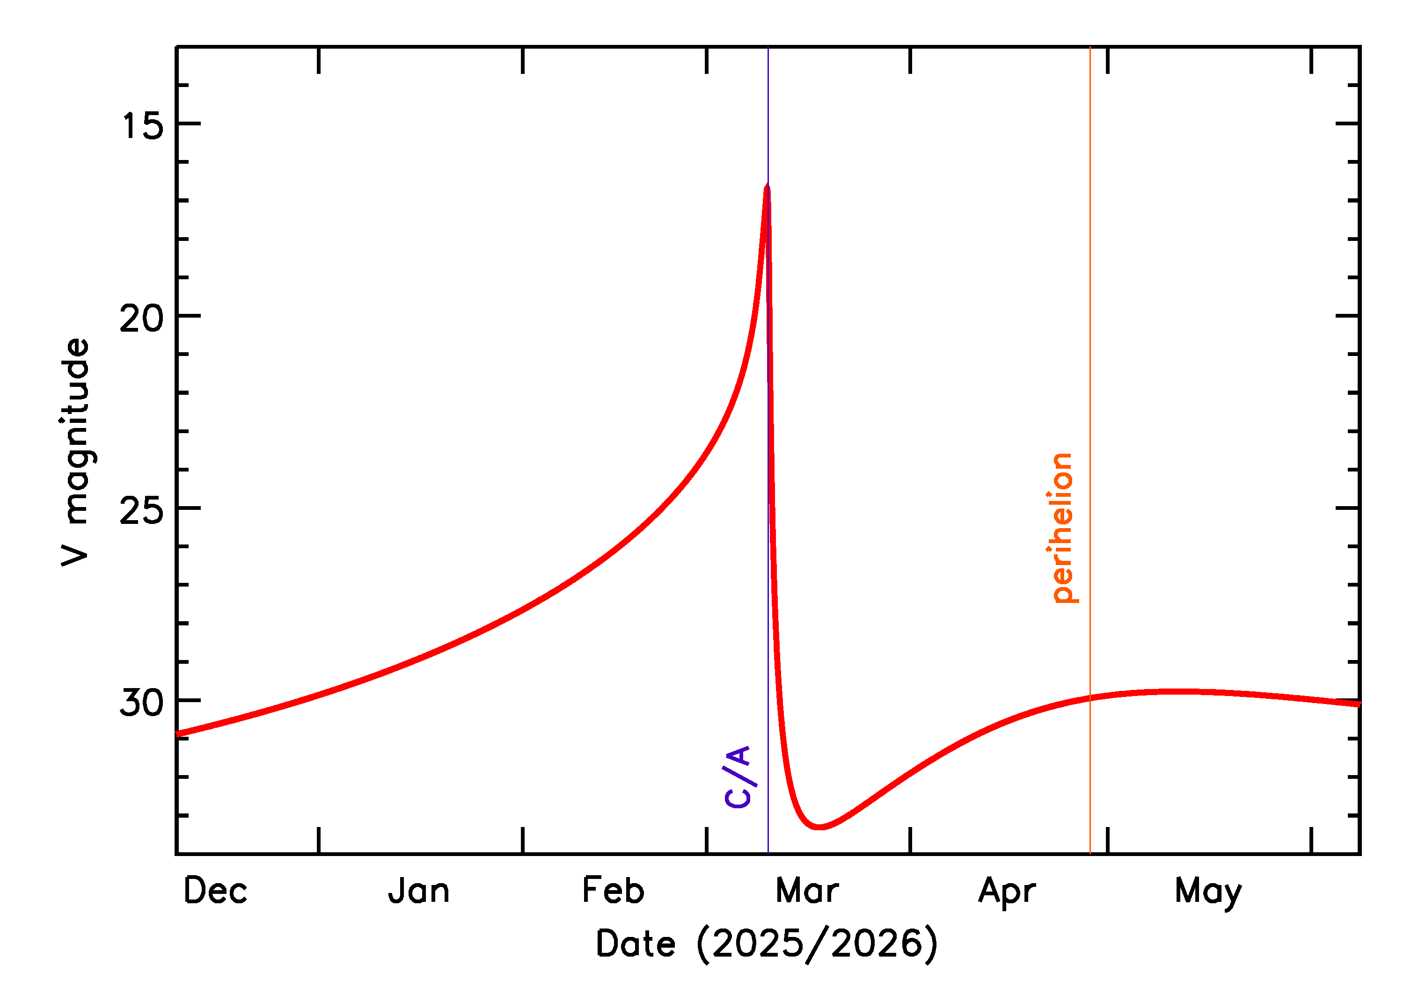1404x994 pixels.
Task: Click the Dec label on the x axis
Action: (x=216, y=891)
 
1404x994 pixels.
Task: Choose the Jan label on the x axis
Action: (x=419, y=891)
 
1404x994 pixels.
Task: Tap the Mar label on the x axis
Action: (x=807, y=891)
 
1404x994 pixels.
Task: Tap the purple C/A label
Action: (x=739, y=777)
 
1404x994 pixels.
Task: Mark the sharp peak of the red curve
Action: (x=767, y=187)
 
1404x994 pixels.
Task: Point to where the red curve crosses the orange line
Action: (x=1090, y=698)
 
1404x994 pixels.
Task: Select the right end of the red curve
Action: (x=1358, y=704)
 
